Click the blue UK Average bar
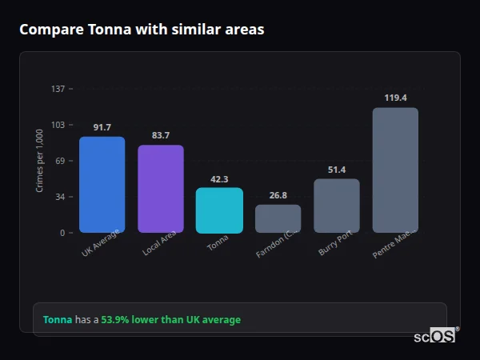pos(102,185)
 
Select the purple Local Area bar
pos(161,189)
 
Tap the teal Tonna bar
pos(219,210)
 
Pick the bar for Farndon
pos(278,218)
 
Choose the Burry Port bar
pos(337,206)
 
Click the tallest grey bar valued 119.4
pos(395,170)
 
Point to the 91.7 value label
pos(102,128)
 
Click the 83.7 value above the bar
pos(161,136)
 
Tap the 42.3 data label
pos(219,179)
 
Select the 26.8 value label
pos(278,195)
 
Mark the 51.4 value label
pos(337,170)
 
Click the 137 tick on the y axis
pos(58,89)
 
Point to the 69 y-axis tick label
pos(60,161)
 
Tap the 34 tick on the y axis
pos(60,197)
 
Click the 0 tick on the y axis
pos(62,233)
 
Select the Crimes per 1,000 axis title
pos(40,161)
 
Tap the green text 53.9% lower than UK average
pos(170,320)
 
